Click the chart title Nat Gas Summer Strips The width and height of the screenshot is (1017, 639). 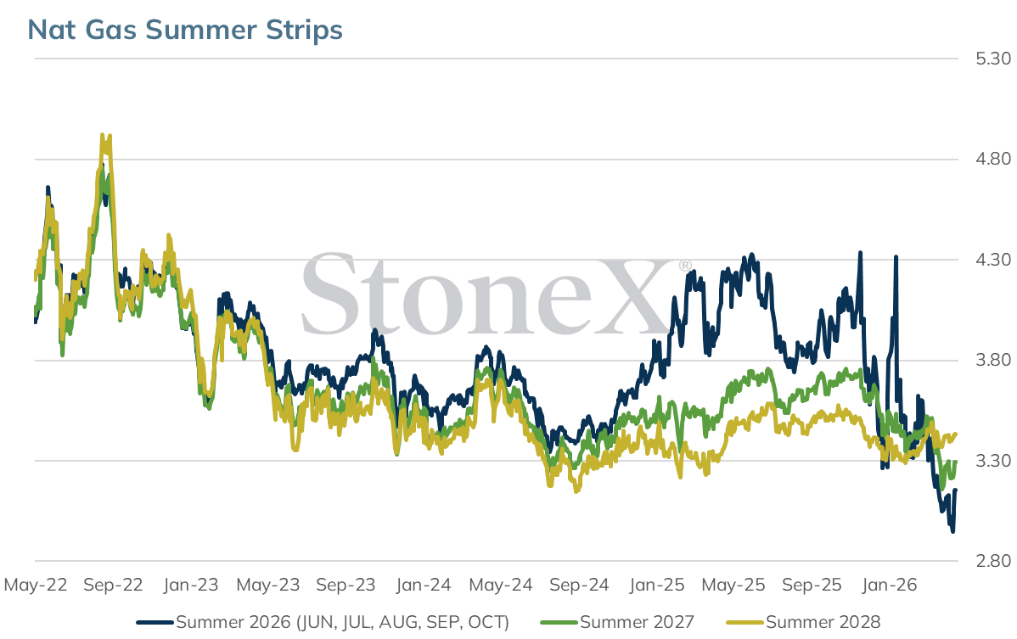pos(185,30)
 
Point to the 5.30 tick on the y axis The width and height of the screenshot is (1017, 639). pos(993,59)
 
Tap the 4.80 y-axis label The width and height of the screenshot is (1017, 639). pos(993,159)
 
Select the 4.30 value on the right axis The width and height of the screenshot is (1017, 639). pos(993,260)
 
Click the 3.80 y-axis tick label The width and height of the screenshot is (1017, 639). pos(993,361)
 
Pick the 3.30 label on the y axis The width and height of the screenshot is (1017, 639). pos(993,461)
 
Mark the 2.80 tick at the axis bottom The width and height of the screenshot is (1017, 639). pos(993,561)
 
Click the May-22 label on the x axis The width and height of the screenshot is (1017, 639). pos(36,586)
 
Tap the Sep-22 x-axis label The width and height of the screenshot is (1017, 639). pos(113,586)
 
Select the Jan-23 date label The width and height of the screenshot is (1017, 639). pos(191,586)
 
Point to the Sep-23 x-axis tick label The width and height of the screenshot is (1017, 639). pos(346,586)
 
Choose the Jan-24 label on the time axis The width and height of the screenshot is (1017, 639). pos(424,586)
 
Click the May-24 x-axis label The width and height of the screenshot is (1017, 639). pos(501,586)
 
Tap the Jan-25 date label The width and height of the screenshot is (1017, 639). pos(656,586)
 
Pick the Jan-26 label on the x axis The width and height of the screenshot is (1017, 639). pos(889,586)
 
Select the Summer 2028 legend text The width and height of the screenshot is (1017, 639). pos(823,622)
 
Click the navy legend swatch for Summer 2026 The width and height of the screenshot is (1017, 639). pos(155,623)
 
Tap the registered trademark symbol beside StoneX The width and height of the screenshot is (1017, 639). pos(685,266)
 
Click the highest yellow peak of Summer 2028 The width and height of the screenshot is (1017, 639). pos(103,136)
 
